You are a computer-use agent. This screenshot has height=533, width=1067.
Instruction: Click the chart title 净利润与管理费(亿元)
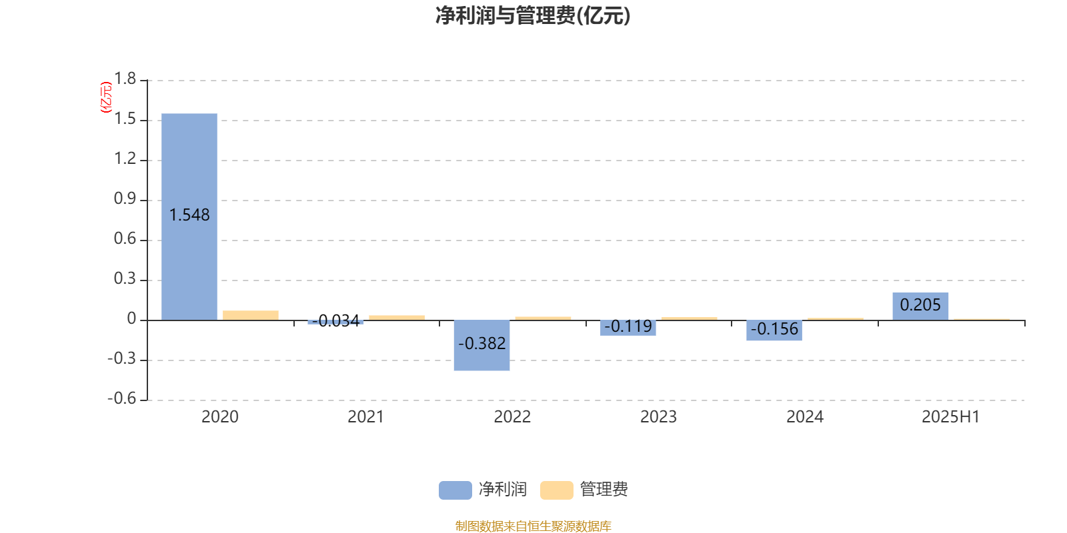click(x=533, y=16)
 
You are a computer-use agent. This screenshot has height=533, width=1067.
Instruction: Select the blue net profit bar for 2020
click(x=189, y=217)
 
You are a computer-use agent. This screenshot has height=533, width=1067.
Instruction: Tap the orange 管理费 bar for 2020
click(x=251, y=316)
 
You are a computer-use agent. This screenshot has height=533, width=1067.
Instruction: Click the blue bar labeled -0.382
click(x=481, y=345)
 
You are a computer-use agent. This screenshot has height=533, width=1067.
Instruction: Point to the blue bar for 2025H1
click(x=920, y=306)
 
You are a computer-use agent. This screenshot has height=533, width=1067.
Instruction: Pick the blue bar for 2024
click(x=774, y=330)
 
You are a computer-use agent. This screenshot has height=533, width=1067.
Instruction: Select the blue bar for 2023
click(x=628, y=328)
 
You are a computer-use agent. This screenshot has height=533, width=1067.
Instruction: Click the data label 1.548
click(x=189, y=215)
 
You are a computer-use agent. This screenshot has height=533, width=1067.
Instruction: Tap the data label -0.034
click(x=335, y=320)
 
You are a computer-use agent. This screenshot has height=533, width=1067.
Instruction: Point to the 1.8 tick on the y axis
click(x=125, y=79)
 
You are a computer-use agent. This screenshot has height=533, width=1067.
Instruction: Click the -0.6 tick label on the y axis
click(x=122, y=398)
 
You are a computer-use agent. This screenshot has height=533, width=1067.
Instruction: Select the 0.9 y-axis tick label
click(x=125, y=199)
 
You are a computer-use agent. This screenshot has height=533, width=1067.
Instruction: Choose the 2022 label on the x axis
click(x=512, y=417)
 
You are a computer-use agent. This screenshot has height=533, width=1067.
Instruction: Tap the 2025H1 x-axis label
click(x=951, y=417)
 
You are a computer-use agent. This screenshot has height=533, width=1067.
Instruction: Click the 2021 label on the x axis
click(x=366, y=417)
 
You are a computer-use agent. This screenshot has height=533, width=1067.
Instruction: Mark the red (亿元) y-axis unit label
click(x=106, y=97)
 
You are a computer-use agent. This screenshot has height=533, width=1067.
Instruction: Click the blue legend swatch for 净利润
click(x=455, y=490)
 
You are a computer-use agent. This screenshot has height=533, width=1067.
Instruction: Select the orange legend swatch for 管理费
click(x=556, y=490)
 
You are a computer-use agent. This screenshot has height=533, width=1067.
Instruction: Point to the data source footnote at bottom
click(x=533, y=526)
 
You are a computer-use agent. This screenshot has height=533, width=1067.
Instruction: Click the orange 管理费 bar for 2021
click(x=397, y=318)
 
